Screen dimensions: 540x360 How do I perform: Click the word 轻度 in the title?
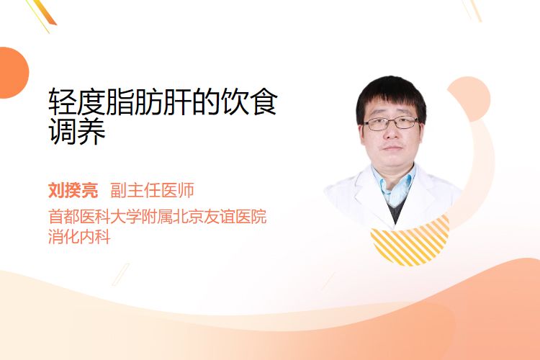pyautogui.click(x=76, y=102)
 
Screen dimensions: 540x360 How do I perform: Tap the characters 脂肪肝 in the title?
pyautogui.click(x=148, y=102)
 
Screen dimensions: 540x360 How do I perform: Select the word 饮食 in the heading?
pyautogui.click(x=248, y=102)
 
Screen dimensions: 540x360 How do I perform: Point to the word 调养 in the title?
pyautogui.click(x=76, y=131)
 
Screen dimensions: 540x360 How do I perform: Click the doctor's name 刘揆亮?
pyautogui.click(x=73, y=190)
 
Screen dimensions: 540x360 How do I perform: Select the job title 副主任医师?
pyautogui.click(x=152, y=190)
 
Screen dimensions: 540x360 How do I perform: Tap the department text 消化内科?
pyautogui.click(x=79, y=237)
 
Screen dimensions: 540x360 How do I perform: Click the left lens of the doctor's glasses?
pyautogui.click(x=376, y=125)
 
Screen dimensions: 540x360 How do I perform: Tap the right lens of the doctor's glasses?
pyautogui.click(x=405, y=122)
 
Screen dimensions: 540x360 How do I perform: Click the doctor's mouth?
pyautogui.click(x=392, y=148)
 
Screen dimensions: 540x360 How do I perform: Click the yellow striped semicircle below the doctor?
pyautogui.click(x=410, y=246)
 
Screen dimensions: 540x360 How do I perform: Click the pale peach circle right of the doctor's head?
pyautogui.click(x=472, y=99)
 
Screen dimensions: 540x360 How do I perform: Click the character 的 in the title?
pyautogui.click(x=206, y=102)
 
